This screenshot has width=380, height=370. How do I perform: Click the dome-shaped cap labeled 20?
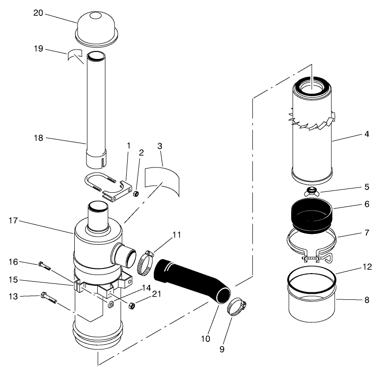pos(96,28)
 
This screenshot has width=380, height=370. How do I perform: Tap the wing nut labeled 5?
pos(310,191)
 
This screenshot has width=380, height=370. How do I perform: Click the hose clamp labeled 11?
pos(145,263)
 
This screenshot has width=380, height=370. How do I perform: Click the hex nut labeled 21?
pos(132,305)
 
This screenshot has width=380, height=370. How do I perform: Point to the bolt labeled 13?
pos(49,297)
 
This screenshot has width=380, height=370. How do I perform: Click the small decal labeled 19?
pos(75,55)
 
